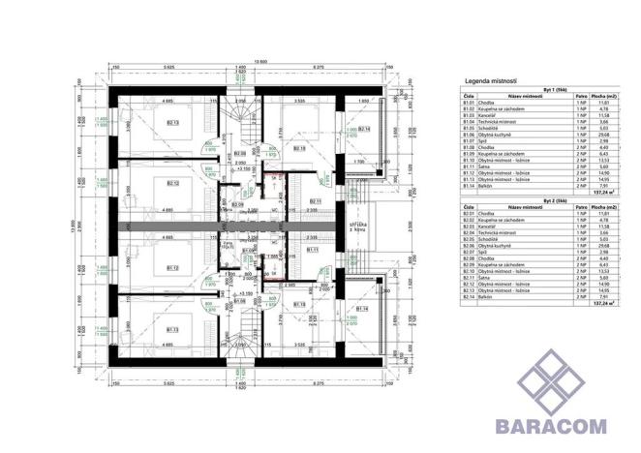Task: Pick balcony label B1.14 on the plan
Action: click(362, 310)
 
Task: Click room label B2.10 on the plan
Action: click(298, 149)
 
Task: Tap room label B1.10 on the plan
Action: click(299, 306)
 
